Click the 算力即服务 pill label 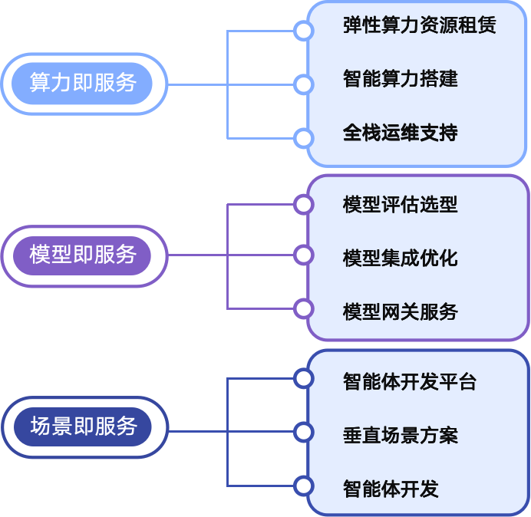click(x=83, y=84)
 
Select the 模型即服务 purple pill click(x=83, y=255)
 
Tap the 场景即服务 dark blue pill click(x=83, y=427)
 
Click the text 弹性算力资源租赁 click(x=419, y=25)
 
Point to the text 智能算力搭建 click(x=400, y=79)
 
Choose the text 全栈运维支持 click(x=400, y=133)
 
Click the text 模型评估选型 click(x=400, y=205)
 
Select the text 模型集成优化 click(x=400, y=258)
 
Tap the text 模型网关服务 click(x=400, y=311)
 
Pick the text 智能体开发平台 click(x=410, y=382)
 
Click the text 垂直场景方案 click(x=400, y=436)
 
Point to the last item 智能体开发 click(x=391, y=489)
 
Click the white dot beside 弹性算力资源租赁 click(x=304, y=31)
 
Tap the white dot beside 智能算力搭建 click(x=304, y=84)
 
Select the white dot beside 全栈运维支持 click(x=304, y=139)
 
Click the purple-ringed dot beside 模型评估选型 click(x=304, y=204)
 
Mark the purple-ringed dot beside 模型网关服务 click(x=304, y=309)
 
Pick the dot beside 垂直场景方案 click(x=304, y=432)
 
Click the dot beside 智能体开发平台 click(x=304, y=378)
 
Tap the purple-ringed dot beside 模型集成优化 click(x=304, y=255)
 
